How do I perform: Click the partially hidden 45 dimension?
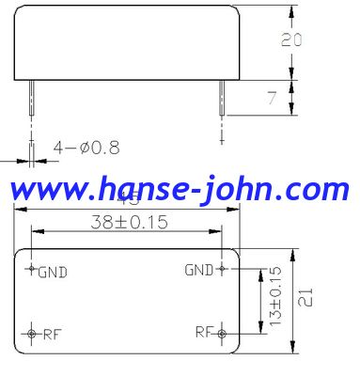point(126,199)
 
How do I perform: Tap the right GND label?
point(198,270)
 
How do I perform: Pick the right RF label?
point(205,332)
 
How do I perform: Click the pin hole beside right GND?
point(222,269)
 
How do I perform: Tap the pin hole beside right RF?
point(222,333)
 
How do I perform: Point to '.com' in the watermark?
point(324,191)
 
